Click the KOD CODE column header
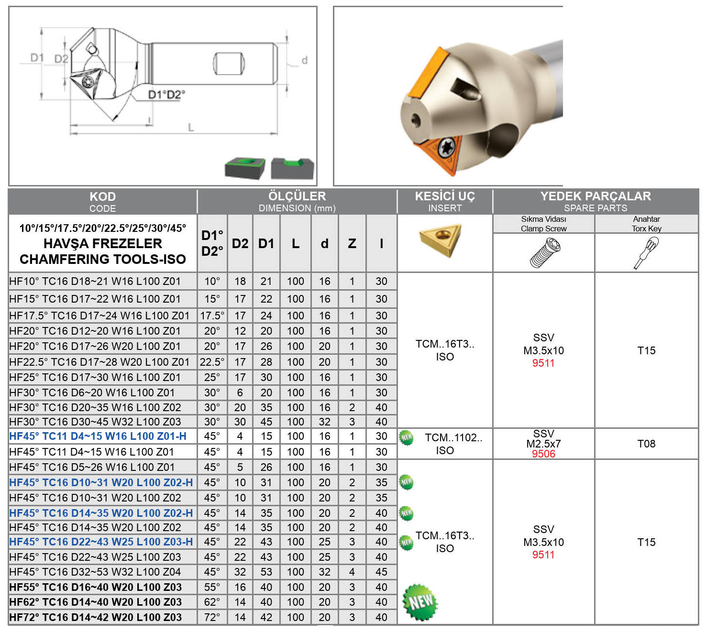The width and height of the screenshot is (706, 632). point(102,202)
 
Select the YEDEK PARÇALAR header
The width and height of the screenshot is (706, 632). point(596,196)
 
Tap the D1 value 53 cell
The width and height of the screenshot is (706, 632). point(266,572)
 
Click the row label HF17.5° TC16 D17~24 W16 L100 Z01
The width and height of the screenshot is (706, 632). point(99,316)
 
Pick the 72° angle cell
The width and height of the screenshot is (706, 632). point(212,617)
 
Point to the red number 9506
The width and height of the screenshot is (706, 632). point(543,454)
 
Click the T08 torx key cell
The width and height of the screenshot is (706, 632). point(646,444)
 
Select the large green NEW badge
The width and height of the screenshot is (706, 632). point(419,602)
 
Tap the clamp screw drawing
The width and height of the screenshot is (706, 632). point(545,252)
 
